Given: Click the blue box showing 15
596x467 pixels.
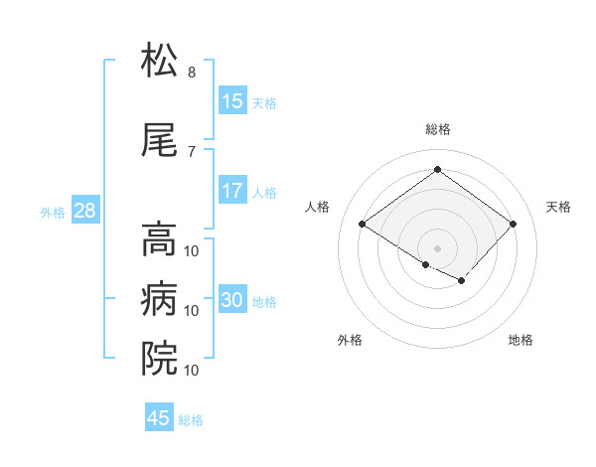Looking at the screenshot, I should coord(232,101).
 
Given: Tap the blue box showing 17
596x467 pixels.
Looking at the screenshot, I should coord(232,191).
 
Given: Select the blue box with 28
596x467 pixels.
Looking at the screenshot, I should coord(83,211).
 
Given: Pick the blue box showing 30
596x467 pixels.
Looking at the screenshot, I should coord(232,301).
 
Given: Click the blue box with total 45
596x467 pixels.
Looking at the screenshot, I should coord(159,418).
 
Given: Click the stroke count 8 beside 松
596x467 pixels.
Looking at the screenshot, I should coord(192,73).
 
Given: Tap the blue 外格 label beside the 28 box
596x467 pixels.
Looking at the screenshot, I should coord(52,212).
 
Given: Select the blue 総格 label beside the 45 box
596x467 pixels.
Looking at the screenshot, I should coord(191,420).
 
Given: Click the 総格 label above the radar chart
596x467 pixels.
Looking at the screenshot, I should coord(437,129).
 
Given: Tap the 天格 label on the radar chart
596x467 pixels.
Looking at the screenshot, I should coord(559,207).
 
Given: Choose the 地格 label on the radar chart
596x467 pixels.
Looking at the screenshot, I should coord(521,340).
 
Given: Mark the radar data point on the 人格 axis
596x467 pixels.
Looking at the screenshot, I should coord(363,225).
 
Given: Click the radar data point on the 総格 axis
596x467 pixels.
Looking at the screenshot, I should coord(437,170).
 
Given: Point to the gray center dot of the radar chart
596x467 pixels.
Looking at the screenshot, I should coord(437,246).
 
